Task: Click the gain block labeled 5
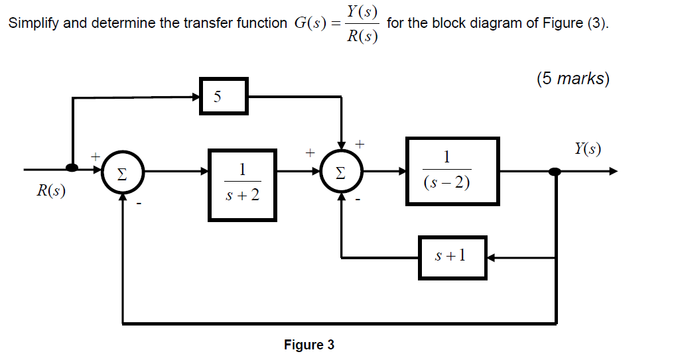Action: click(224, 97)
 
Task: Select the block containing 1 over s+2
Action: click(242, 184)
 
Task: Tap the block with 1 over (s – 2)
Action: click(452, 171)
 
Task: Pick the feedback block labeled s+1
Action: click(452, 257)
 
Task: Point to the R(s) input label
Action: click(51, 192)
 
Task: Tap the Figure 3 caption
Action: click(309, 345)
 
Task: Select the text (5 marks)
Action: click(572, 79)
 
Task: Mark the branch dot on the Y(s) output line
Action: click(555, 172)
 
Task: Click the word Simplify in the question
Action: click(33, 23)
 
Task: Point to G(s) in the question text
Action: click(310, 23)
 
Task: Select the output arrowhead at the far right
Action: click(612, 172)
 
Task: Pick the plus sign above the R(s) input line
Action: click(96, 156)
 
